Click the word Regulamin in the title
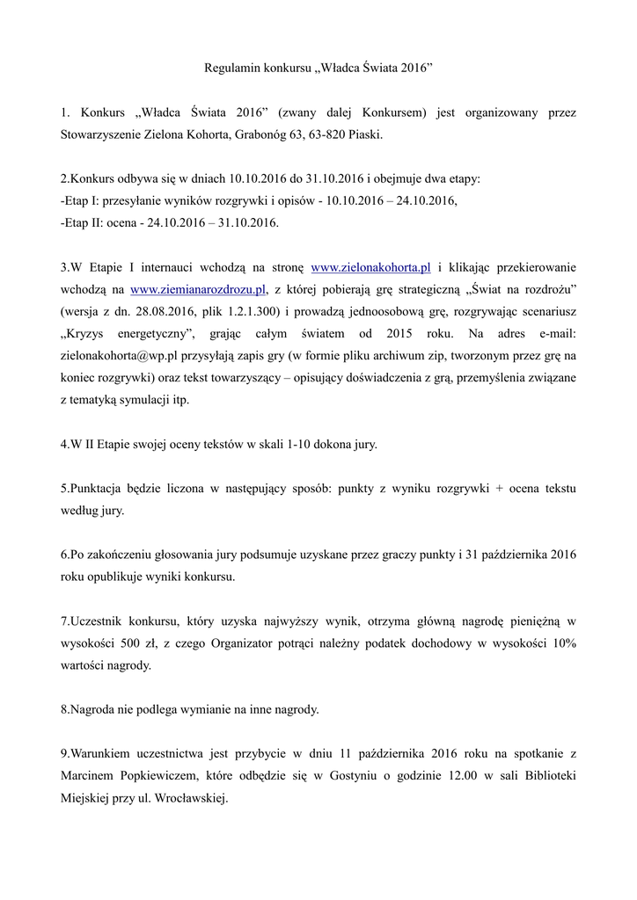pos(231,67)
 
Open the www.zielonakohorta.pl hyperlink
pos(371,267)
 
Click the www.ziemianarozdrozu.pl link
pos(198,289)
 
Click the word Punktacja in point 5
pos(98,488)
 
